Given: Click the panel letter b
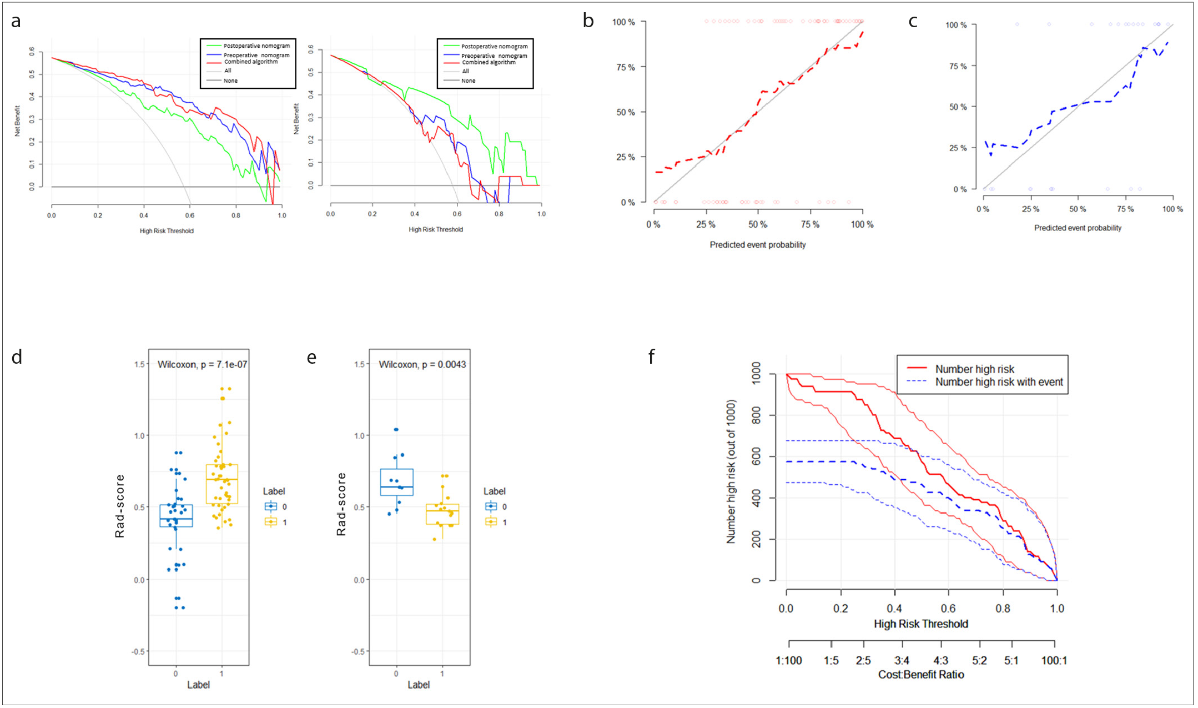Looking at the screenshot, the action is coord(588,22).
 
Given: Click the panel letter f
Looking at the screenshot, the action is coord(652,356).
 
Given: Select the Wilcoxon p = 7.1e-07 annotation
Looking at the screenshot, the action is coord(203,364).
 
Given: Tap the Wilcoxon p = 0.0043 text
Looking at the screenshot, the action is coord(422,364).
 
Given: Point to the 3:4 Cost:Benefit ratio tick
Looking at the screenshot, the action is coord(902,660).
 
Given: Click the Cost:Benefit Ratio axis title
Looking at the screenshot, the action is coord(921,675).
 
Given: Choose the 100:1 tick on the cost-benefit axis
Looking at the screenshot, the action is coord(1054,660).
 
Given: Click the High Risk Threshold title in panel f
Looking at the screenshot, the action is coord(921,624).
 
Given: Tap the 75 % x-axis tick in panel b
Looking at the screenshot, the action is coord(810,224).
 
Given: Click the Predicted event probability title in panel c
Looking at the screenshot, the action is coord(1078,228).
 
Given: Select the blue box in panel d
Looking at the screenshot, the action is coord(176,516).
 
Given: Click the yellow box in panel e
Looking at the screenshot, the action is coord(442,514).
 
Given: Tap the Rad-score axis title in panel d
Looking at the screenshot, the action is coord(119,506).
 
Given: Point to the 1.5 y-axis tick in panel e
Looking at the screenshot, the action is coord(360,364).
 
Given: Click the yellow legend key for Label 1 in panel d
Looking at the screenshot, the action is coord(270,522).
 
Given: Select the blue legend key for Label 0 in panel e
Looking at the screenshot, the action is coord(491,506).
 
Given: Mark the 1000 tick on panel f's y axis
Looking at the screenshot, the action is coord(756,375).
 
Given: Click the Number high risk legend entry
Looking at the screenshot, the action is coord(974,369).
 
